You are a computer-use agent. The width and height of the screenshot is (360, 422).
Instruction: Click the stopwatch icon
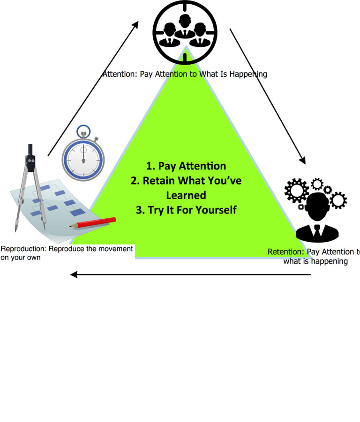(83, 155)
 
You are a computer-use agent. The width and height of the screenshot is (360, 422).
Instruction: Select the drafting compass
(30, 183)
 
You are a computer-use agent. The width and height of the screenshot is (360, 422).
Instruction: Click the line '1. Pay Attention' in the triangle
(186, 166)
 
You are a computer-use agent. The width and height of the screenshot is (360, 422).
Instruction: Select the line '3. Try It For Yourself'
(186, 210)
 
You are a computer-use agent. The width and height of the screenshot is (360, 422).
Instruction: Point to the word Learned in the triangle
(186, 195)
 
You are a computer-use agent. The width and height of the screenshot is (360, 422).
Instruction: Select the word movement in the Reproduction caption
(115, 249)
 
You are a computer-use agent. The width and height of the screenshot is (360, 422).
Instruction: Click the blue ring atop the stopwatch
(83, 131)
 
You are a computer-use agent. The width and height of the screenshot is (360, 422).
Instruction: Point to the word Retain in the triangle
(159, 181)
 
